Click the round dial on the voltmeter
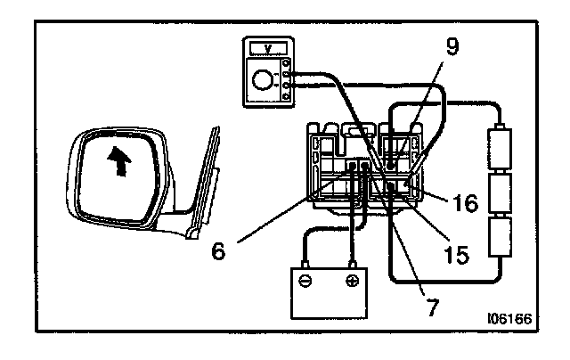[263, 82]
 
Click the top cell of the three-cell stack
[499, 152]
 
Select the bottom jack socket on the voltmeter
[285, 95]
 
